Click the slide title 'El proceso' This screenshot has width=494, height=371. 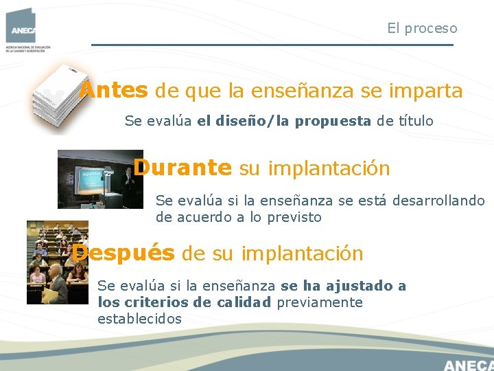(421, 28)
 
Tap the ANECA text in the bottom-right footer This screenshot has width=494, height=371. (468, 364)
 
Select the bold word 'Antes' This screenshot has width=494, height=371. (113, 91)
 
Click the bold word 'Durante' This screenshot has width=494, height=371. (183, 168)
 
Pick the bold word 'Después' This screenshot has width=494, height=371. (123, 253)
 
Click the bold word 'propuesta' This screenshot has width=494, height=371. (333, 122)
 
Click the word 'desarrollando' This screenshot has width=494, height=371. (439, 201)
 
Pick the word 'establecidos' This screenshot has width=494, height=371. (139, 319)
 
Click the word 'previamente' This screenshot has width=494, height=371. (319, 303)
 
